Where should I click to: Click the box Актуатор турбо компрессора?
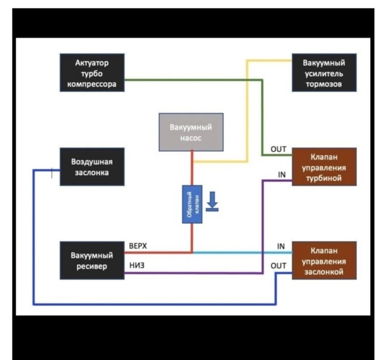coord(92,73)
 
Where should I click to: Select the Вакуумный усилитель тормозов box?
coord(324,73)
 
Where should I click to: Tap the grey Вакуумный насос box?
coord(191,132)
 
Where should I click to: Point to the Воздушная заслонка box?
coord(92,167)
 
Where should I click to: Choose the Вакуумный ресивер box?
coord(92,260)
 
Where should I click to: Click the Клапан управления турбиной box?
coord(324,167)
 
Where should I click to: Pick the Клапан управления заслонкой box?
coord(324,260)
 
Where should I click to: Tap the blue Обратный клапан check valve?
coord(191,204)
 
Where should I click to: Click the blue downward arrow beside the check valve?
coord(211,202)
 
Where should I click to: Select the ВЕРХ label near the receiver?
coord(137,246)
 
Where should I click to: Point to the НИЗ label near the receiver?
coord(136,266)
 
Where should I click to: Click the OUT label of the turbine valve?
coord(279,149)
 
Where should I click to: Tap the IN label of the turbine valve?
coord(282,175)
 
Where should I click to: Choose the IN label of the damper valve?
coord(280,246)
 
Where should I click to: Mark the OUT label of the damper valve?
coord(279,265)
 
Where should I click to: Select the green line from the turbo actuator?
coord(192,80)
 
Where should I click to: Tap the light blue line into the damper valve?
coord(240,253)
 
